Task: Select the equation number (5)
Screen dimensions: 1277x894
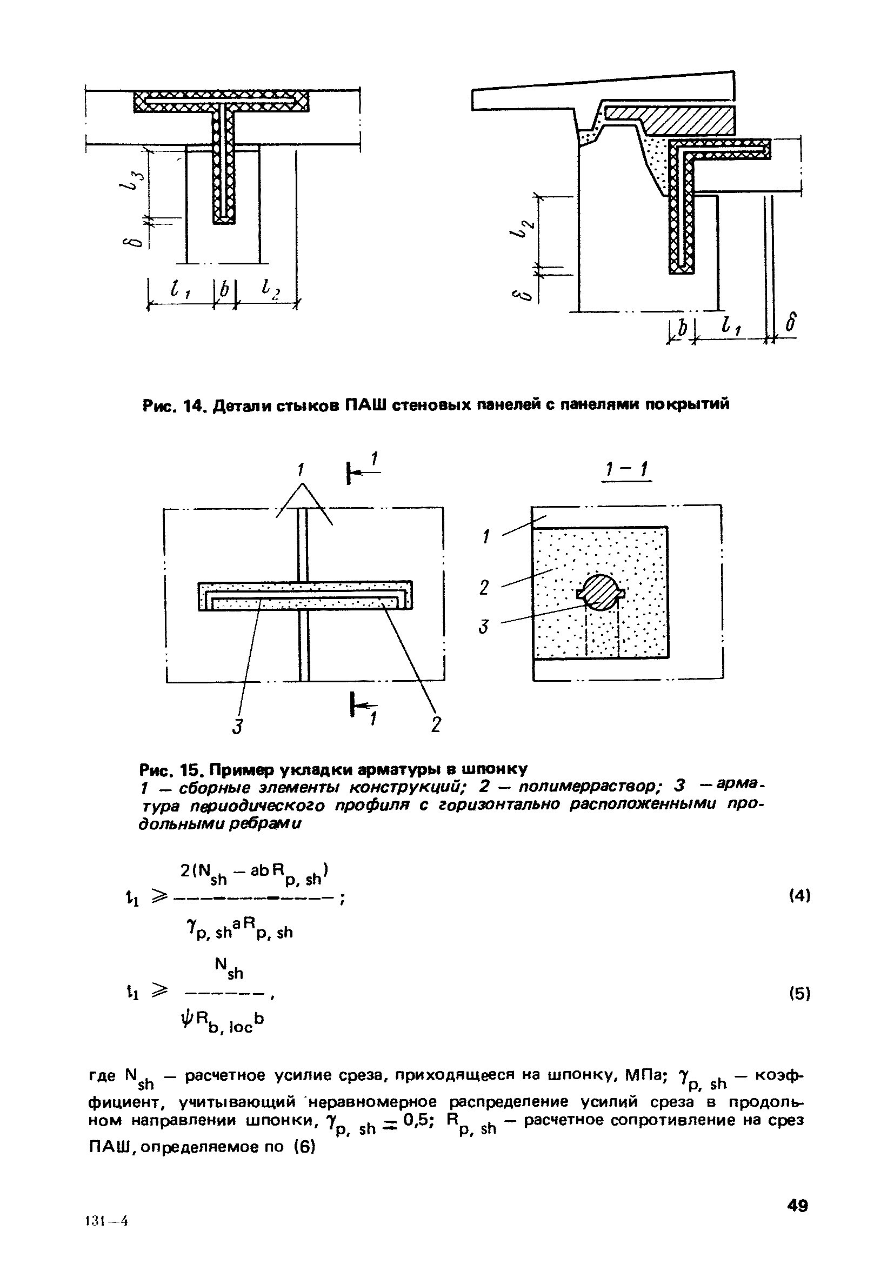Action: pyautogui.click(x=799, y=994)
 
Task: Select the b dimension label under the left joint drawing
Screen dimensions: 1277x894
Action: pyautogui.click(x=225, y=289)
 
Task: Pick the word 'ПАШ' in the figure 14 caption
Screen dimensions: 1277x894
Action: pyautogui.click(x=365, y=405)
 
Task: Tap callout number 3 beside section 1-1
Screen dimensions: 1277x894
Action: pyautogui.click(x=484, y=627)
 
